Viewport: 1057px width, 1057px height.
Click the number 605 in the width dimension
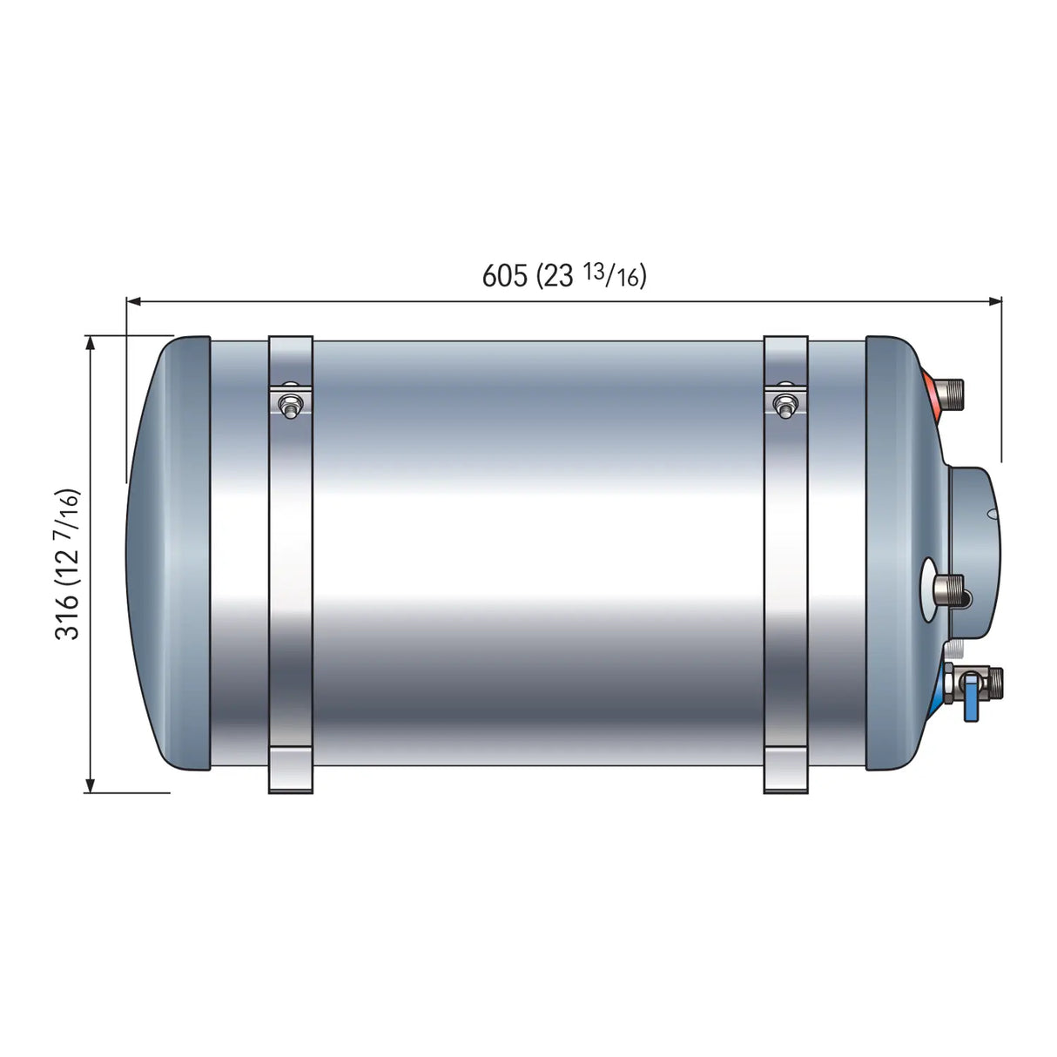tap(505, 275)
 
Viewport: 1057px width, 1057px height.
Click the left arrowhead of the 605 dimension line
tap(133, 301)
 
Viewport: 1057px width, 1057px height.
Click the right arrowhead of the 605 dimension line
tap(995, 301)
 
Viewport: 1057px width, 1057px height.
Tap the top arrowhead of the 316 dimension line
tap(90, 342)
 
